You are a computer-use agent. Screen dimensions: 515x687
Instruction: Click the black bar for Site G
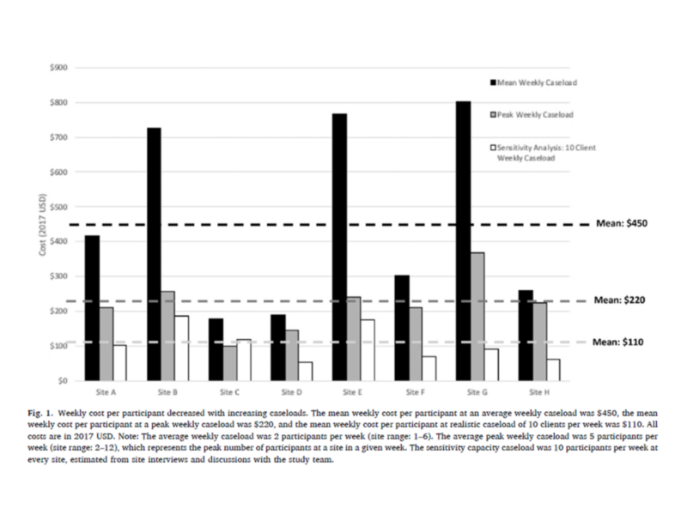463,240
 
